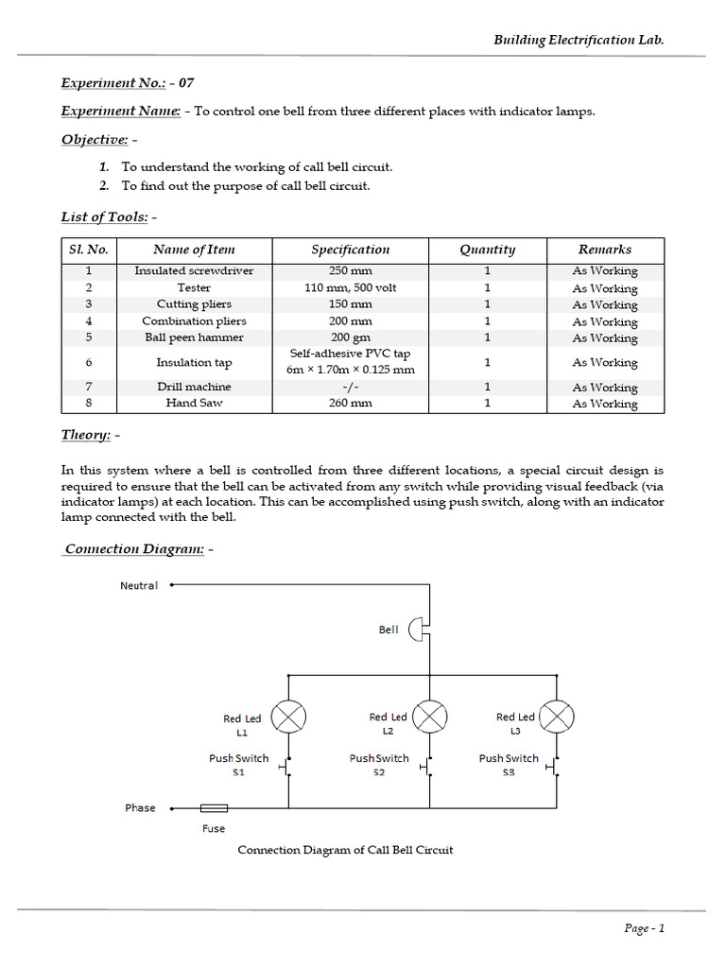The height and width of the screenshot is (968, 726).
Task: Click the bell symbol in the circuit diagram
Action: point(418,631)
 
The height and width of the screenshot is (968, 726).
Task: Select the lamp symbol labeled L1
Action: point(288,717)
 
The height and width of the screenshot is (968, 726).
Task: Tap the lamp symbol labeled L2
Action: point(431,717)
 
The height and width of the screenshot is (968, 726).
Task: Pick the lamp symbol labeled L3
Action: point(558,717)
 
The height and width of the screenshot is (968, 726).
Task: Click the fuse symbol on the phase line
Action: point(214,808)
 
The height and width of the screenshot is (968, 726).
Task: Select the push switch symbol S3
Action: point(556,769)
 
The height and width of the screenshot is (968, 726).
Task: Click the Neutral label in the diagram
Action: point(139,585)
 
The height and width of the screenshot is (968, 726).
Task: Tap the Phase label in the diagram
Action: point(140,808)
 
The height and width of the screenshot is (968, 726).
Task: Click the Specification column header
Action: point(350,250)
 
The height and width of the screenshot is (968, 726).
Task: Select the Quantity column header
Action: point(487,250)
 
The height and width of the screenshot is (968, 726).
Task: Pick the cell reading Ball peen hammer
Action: point(194,337)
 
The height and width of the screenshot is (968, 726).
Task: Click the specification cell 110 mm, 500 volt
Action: point(350,287)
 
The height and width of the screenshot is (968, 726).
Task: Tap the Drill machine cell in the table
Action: point(194,387)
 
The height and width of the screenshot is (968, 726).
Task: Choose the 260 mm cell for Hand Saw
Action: point(350,403)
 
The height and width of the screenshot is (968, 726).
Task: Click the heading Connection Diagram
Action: point(133,549)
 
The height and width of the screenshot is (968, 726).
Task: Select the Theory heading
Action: point(86,434)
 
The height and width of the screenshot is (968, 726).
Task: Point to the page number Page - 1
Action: point(645,928)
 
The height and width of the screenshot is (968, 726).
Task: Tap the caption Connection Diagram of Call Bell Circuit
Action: point(345,850)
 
